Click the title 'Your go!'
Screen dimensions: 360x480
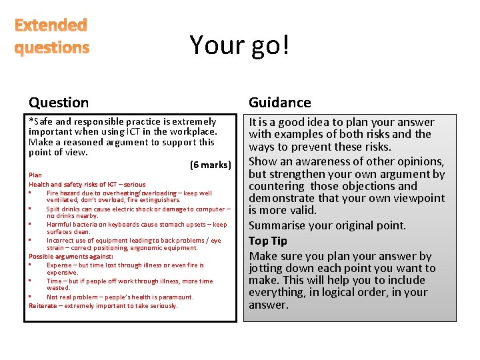pyautogui.click(x=239, y=45)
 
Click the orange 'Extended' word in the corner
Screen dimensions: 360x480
pyautogui.click(x=51, y=25)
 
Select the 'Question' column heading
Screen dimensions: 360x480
pyautogui.click(x=59, y=102)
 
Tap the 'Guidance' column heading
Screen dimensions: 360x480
pyautogui.click(x=279, y=102)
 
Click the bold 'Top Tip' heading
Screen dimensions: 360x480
pyautogui.click(x=267, y=241)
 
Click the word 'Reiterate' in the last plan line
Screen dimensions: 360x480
pyautogui.click(x=43, y=306)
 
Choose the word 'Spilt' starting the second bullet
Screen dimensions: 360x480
pyautogui.click(x=54, y=209)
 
